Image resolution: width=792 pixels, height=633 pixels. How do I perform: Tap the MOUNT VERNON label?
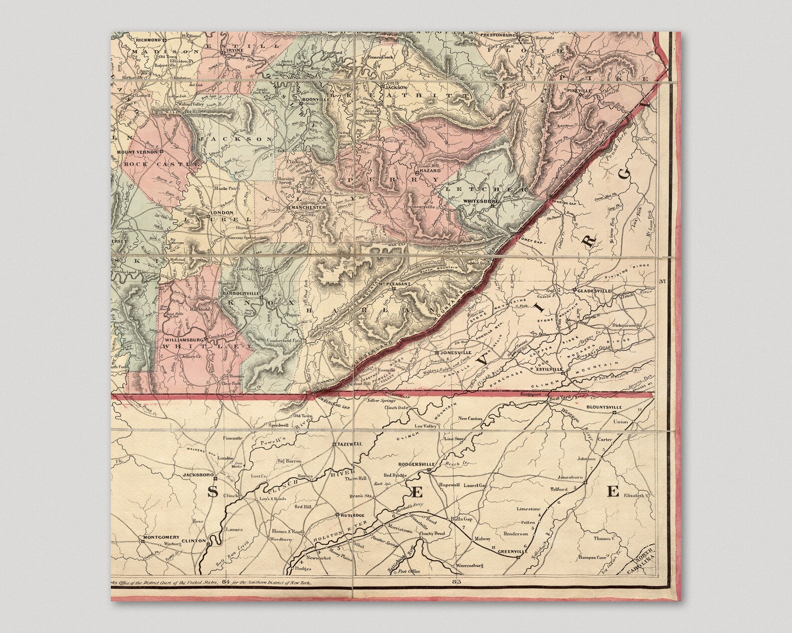point(136,151)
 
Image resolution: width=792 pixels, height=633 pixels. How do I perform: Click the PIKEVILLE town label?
point(579,91)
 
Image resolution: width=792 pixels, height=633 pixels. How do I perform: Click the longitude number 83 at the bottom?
point(455,582)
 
